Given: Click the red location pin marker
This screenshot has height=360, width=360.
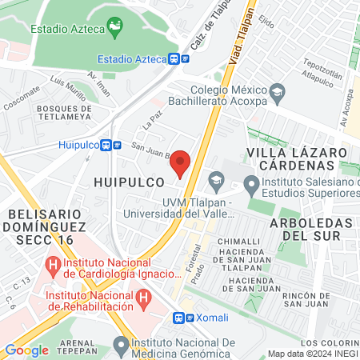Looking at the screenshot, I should [182, 163].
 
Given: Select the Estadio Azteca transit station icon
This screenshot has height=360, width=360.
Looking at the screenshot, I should [179, 58].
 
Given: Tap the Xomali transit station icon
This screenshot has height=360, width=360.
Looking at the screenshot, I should [182, 318].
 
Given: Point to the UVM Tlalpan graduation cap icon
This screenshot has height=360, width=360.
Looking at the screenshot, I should [214, 178].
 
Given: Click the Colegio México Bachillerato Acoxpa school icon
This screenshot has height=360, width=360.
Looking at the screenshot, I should [277, 90].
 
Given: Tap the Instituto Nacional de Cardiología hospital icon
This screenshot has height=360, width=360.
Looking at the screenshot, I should [54, 263].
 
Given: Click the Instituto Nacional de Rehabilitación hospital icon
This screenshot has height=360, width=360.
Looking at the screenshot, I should [143, 300].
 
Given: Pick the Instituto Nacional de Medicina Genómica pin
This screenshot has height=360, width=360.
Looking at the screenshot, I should [121, 345].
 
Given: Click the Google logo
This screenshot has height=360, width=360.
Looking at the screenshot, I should [26, 350].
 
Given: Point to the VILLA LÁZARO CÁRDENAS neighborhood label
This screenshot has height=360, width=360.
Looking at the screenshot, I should [297, 158].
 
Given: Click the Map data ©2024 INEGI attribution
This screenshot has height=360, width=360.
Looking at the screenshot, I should [312, 354].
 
